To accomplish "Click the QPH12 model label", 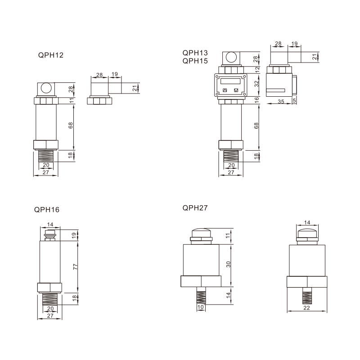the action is [51, 55].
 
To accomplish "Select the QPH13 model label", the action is [195, 53].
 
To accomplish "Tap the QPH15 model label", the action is [195, 61].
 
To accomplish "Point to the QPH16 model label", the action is [47, 210].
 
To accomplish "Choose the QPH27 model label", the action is [195, 208].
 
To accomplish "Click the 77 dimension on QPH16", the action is [75, 266].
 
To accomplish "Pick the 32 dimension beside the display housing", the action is [256, 84].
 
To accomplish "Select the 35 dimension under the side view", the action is [281, 102].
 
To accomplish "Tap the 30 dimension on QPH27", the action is [228, 264].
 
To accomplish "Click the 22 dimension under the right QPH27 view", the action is [307, 308].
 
